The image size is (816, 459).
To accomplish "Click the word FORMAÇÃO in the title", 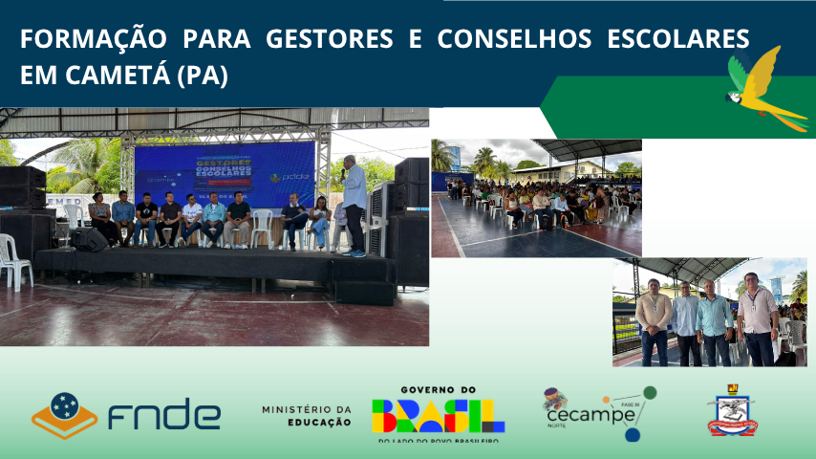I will pos(74,39).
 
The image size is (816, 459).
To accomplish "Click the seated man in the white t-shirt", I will pos(192,219).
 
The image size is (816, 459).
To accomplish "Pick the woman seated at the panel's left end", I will pos(100,218).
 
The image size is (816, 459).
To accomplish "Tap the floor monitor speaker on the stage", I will pos(89,239).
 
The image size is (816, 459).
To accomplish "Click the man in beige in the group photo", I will pos(655,319).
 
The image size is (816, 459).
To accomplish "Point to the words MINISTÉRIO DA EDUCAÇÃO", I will pos(307,415).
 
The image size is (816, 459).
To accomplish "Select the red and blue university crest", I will pos(733,412).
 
